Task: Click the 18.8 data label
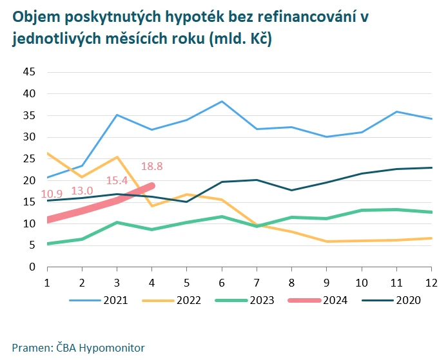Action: (151, 166)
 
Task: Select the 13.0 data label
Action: (82, 191)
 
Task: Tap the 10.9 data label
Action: (52, 194)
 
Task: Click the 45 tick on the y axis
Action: (28, 71)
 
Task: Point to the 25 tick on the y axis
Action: (28, 158)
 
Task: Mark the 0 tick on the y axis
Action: (32, 267)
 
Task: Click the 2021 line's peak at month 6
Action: (222, 101)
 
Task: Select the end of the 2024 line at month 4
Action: (152, 185)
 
